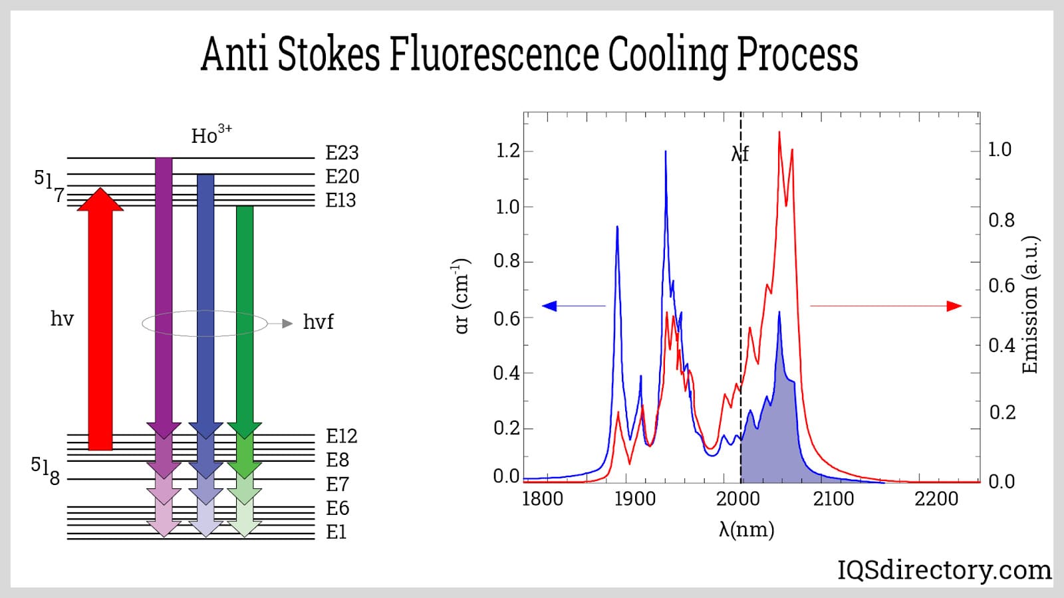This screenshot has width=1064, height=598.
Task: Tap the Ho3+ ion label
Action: point(211,135)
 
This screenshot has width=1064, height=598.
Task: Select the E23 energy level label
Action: point(342,153)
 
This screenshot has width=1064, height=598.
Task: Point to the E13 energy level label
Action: point(340,201)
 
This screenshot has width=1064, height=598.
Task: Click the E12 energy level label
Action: point(341,437)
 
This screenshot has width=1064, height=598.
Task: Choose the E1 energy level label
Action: point(336,533)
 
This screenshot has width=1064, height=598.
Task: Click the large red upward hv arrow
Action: point(100,319)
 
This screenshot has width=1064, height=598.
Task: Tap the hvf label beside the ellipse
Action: point(318,323)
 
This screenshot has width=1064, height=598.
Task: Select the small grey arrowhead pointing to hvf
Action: point(287,324)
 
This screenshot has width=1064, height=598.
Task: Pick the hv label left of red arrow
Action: point(62,320)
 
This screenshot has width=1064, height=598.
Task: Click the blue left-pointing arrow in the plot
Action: point(572,306)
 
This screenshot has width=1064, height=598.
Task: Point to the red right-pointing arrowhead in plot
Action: point(954,306)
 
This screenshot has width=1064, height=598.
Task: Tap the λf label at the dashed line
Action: point(739,155)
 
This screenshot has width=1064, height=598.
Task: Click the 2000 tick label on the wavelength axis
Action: point(737,499)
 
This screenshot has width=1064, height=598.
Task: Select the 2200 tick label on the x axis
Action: point(936,499)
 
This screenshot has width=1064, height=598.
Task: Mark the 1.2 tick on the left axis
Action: point(508,151)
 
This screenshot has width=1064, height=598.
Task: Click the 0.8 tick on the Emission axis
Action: point(1001,221)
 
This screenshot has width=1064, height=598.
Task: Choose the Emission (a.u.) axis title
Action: point(1029,305)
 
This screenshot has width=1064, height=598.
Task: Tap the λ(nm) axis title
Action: point(746,530)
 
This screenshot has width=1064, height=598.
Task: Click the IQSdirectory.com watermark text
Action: point(944,570)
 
